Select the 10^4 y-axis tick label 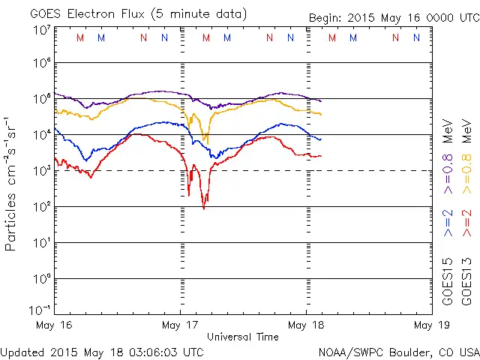coord(42,135)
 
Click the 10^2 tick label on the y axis coord(42,207)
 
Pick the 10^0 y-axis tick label coord(42,279)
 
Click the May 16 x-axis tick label coord(54,325)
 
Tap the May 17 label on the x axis coord(180,325)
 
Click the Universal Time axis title coord(243,337)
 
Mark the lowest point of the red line coord(204,208)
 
